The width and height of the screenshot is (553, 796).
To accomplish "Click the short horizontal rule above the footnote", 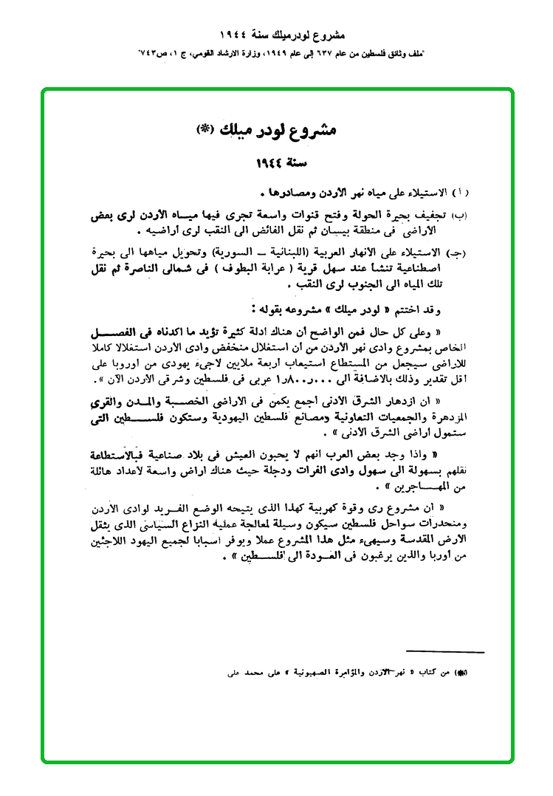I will click(x=444, y=653).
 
